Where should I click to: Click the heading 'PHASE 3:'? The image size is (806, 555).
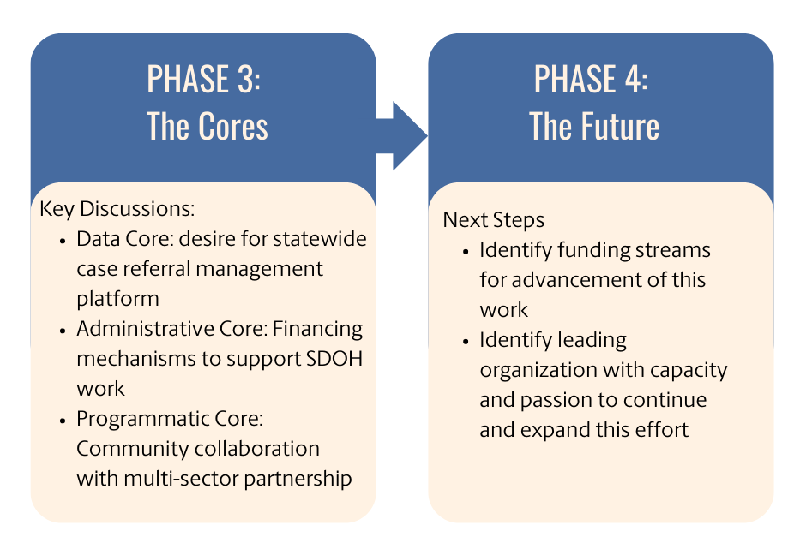[204, 80]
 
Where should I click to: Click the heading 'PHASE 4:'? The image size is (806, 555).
[592, 80]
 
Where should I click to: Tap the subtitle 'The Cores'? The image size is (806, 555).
[208, 127]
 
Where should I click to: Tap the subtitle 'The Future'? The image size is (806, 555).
[594, 127]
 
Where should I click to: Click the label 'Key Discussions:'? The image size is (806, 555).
[117, 209]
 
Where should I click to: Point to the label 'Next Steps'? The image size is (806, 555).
[493, 220]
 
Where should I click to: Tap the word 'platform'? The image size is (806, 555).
[117, 298]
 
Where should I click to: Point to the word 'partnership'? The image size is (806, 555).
[298, 478]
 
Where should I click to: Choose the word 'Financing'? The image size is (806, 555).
[322, 329]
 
